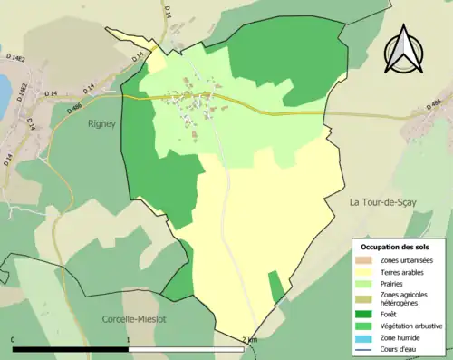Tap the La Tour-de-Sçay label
tap(382, 201)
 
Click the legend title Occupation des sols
tap(396, 247)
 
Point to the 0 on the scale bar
tap(14, 340)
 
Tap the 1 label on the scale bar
tap(129, 340)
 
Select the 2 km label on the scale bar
tap(250, 340)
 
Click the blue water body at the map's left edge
tap(3, 88)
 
